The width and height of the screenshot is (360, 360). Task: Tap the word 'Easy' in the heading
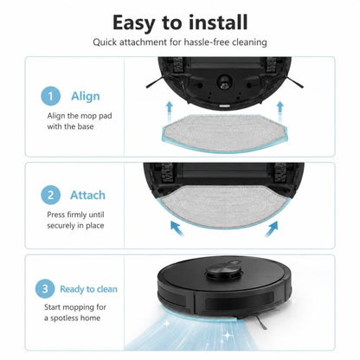click(x=134, y=23)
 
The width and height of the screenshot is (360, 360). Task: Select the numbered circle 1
click(x=51, y=96)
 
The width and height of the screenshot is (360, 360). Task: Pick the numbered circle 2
click(x=51, y=195)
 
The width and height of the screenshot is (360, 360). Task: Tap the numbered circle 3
click(x=45, y=289)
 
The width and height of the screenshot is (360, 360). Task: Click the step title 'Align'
click(x=86, y=96)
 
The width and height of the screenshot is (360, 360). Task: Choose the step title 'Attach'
click(x=87, y=196)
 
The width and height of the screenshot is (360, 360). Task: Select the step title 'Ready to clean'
click(x=88, y=289)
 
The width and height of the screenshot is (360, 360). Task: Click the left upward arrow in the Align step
click(x=170, y=111)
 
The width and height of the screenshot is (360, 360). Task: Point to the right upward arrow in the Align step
click(x=280, y=111)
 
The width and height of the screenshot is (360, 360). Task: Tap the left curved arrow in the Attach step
click(x=177, y=228)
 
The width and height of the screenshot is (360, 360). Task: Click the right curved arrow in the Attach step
click(x=272, y=228)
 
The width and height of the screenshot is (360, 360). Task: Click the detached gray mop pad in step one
click(x=224, y=132)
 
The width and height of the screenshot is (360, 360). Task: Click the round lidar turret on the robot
click(x=223, y=271)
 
